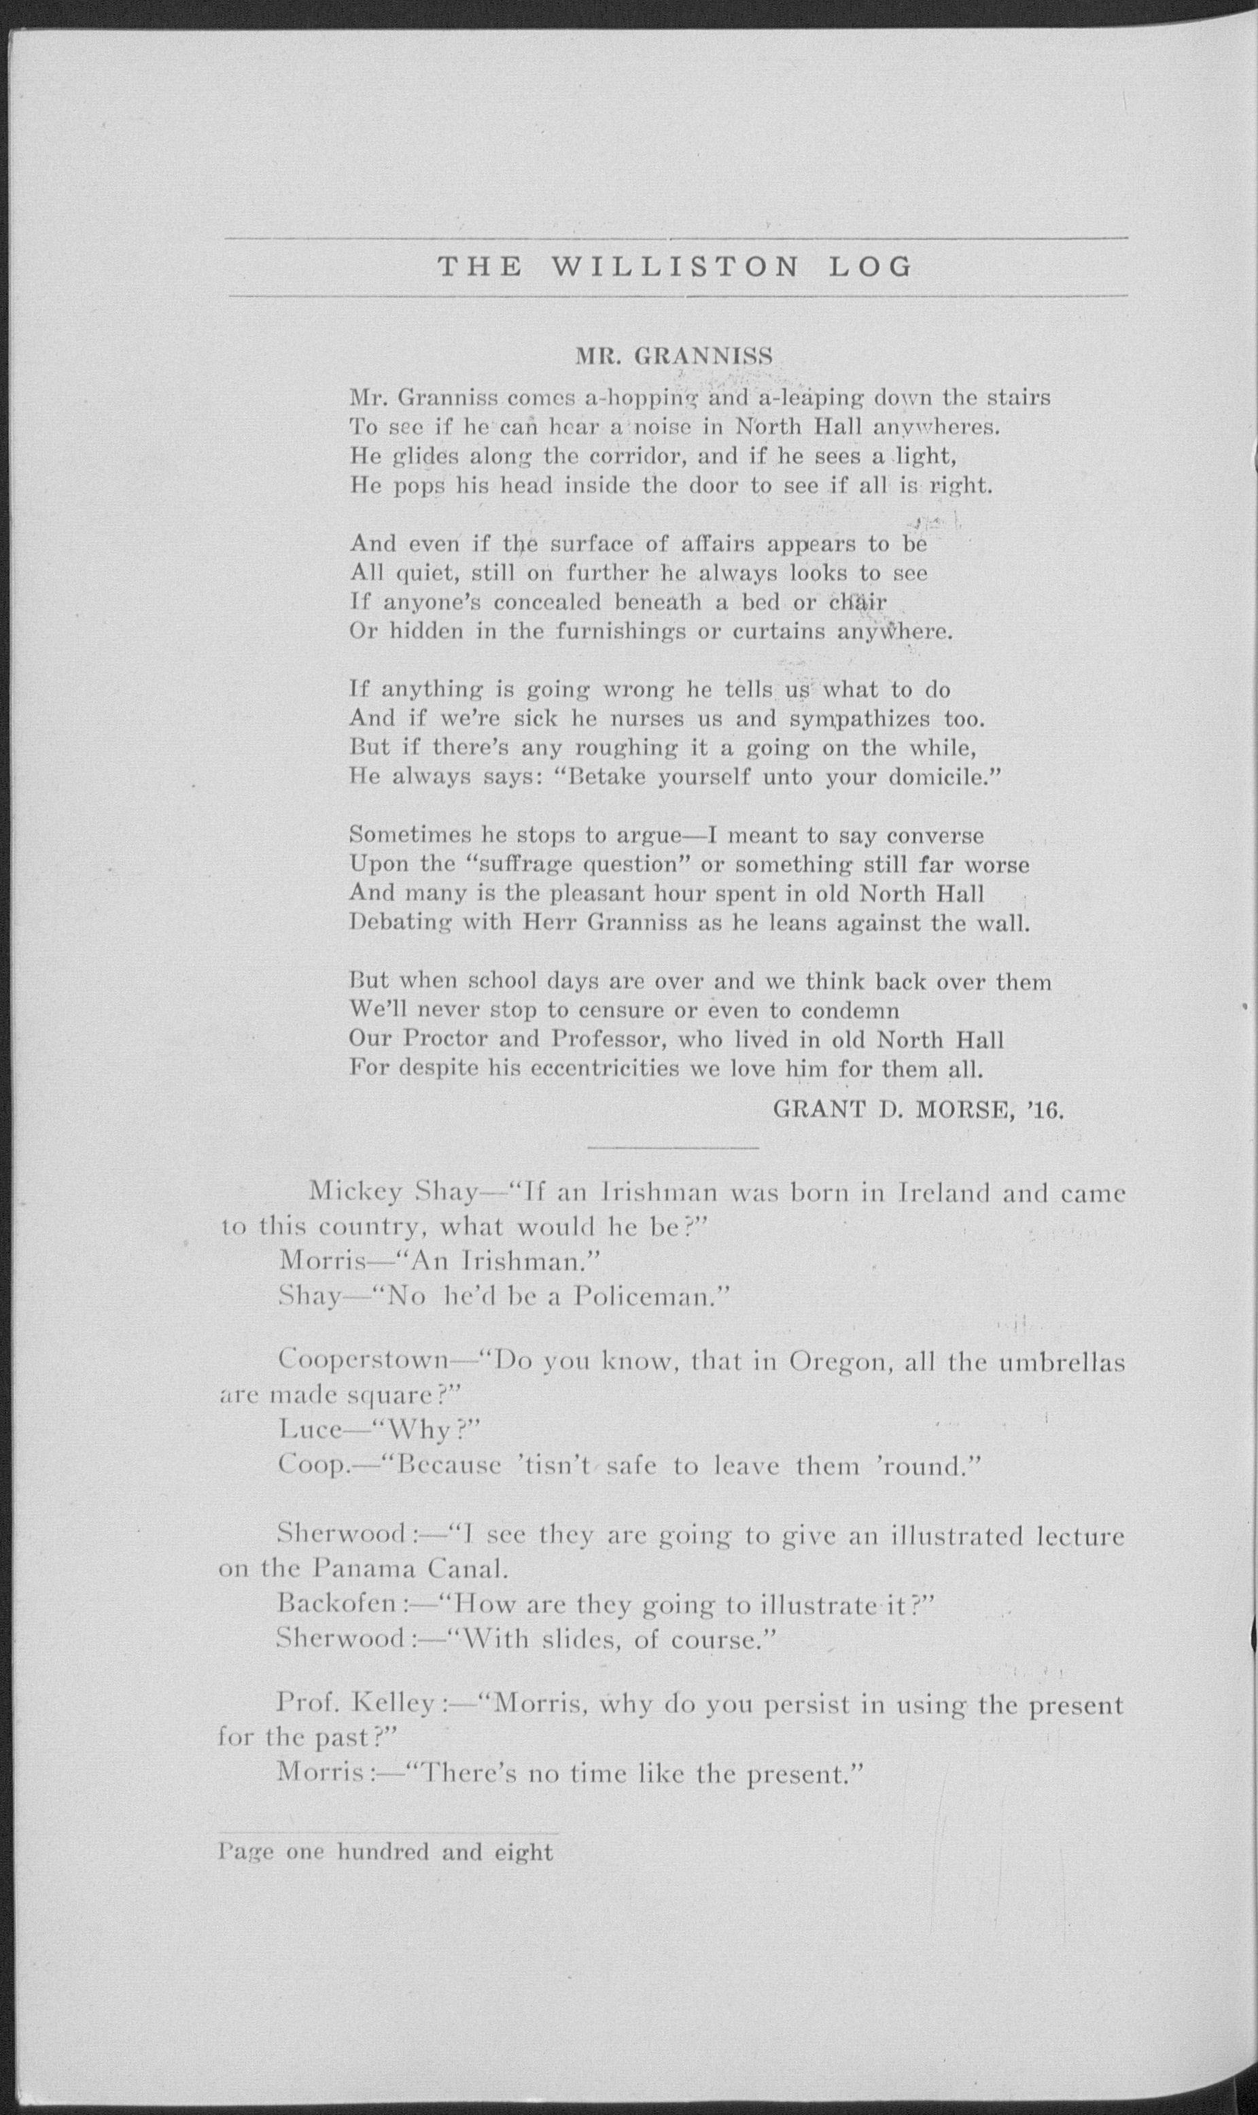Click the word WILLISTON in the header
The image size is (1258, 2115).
coord(675,267)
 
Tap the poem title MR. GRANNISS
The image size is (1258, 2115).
coord(674,357)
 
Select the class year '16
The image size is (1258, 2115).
coord(1043,1110)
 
